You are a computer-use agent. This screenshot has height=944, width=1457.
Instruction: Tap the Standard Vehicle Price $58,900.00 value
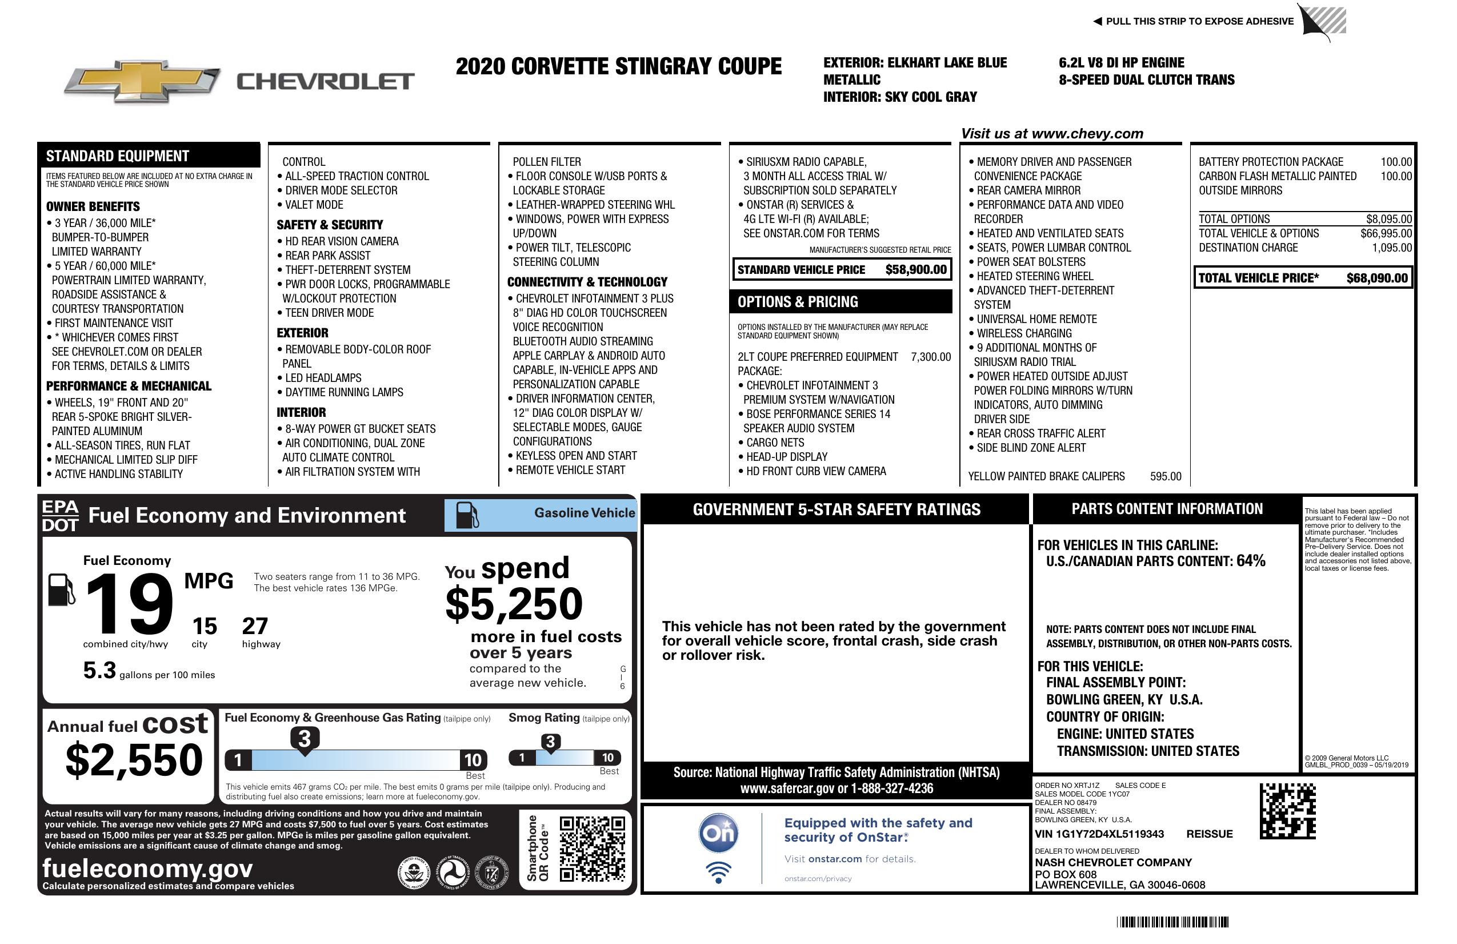coord(916,269)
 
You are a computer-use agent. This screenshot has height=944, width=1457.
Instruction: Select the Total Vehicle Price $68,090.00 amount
coord(1377,278)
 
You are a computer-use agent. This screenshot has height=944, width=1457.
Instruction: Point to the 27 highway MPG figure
coord(255,626)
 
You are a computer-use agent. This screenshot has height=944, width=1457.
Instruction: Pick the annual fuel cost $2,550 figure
coord(134,760)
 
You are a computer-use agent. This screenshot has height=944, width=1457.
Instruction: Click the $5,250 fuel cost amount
coord(514,604)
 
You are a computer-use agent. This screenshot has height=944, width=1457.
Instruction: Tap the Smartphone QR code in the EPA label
coord(592,849)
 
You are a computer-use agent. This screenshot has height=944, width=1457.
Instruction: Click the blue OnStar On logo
coord(718,833)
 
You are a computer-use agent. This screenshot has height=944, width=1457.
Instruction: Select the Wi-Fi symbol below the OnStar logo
coord(718,872)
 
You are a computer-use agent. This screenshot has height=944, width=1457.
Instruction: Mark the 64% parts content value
coord(1250,560)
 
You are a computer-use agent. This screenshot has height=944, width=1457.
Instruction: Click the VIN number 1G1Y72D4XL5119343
coord(1099,834)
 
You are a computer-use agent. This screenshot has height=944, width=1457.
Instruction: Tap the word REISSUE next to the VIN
coord(1209,834)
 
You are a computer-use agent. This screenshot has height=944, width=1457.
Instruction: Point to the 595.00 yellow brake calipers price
coord(1165,476)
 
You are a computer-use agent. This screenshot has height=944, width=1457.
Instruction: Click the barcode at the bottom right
coord(1172,922)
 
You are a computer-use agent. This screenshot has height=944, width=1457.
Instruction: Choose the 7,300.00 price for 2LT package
coord(931,357)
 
